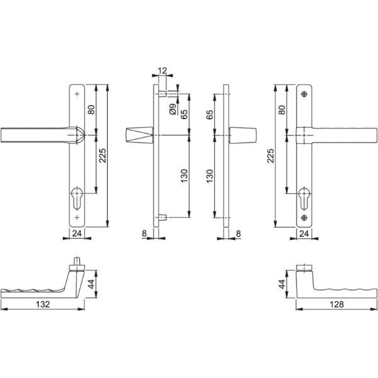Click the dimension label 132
(43, 304)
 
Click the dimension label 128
(336, 304)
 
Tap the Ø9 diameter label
(173, 109)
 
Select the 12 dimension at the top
(163, 71)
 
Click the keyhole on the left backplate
(77, 198)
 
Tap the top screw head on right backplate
(304, 94)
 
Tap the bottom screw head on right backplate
(304, 218)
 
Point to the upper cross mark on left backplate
(77, 94)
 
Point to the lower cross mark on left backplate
(77, 217)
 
